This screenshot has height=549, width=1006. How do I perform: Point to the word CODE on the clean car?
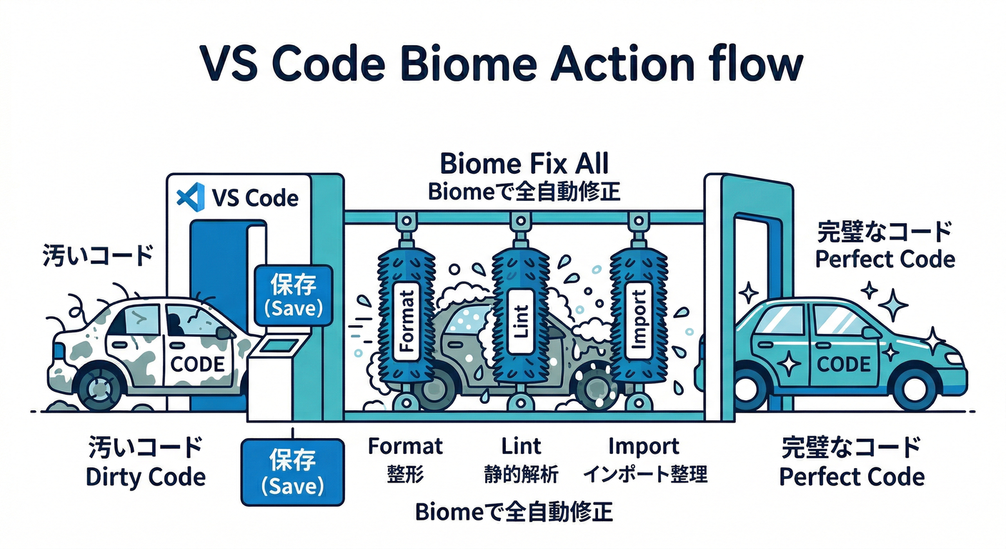click(x=843, y=364)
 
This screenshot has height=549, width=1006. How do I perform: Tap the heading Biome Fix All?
click(x=524, y=164)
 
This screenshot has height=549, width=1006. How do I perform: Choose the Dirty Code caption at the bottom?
click(x=145, y=476)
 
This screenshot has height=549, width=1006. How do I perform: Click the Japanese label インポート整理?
click(x=644, y=473)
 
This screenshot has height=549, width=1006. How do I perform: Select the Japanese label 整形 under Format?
click(x=405, y=473)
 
